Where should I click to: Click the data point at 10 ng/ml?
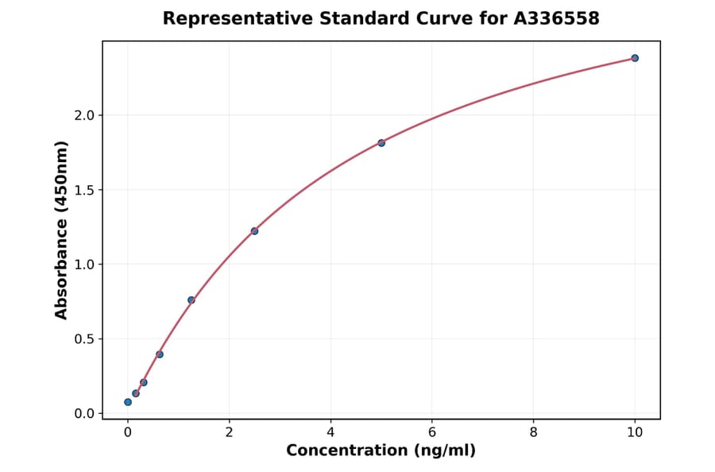coord(635,58)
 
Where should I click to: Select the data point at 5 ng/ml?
coord(381,143)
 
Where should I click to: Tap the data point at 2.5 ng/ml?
coord(254,231)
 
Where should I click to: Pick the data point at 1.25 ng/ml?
coord(191,300)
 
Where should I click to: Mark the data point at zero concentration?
coord(128,402)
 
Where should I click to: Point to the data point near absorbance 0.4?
coord(160,354)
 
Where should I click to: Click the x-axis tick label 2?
coord(229,432)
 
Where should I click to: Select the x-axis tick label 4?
coord(330,432)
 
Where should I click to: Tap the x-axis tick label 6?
coord(432,432)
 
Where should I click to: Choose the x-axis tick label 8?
coord(533,432)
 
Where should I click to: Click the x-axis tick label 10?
coord(635,432)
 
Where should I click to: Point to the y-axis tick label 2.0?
coord(84,115)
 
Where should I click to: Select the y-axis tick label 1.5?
coord(84,190)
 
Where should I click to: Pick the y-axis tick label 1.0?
coord(84,265)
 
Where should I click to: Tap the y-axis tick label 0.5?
coord(84,339)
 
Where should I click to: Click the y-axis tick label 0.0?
coord(84,414)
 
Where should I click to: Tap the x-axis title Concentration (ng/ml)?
coord(381,451)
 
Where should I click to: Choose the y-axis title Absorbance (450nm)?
coord(62,230)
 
